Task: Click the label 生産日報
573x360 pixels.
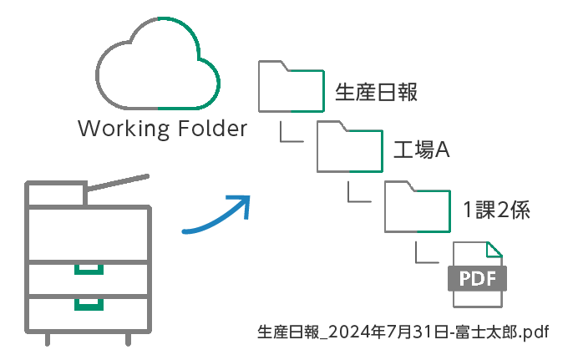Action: [x=376, y=92]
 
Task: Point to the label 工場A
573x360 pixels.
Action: [x=422, y=151]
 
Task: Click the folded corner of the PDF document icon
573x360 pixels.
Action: [x=494, y=248]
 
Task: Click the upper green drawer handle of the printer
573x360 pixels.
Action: [x=88, y=268]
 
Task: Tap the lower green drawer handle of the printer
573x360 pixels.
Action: [x=88, y=302]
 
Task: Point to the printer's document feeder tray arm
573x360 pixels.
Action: [x=117, y=183]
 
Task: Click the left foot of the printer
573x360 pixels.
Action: [x=48, y=337]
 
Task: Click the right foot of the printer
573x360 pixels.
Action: [x=128, y=337]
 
